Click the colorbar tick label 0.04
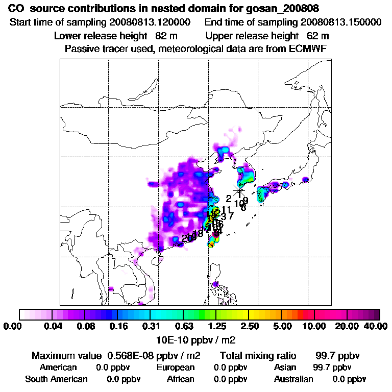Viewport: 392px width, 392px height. point(53,326)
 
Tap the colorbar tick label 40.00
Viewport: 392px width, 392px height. point(374,326)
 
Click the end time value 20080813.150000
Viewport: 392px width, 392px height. point(341,22)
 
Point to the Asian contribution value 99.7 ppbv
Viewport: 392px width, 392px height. point(332,367)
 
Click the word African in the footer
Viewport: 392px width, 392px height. point(181,379)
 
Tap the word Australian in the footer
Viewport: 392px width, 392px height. point(293,379)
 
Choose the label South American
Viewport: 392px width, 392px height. point(56,379)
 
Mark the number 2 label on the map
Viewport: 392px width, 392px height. point(229,199)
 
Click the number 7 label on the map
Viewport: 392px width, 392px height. point(231,215)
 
